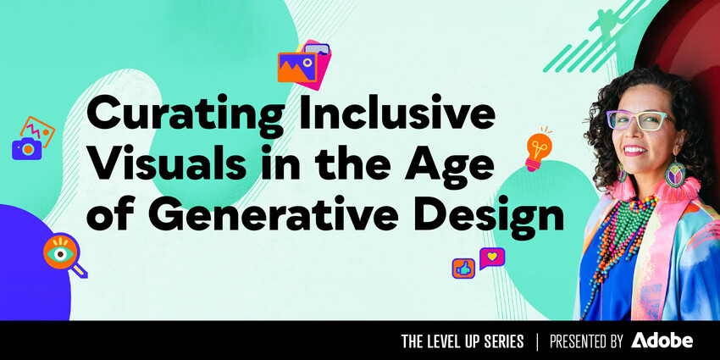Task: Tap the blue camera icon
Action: click(27, 148)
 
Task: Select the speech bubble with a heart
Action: click(491, 257)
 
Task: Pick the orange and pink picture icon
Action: click(301, 64)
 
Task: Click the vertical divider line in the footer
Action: click(537, 341)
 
